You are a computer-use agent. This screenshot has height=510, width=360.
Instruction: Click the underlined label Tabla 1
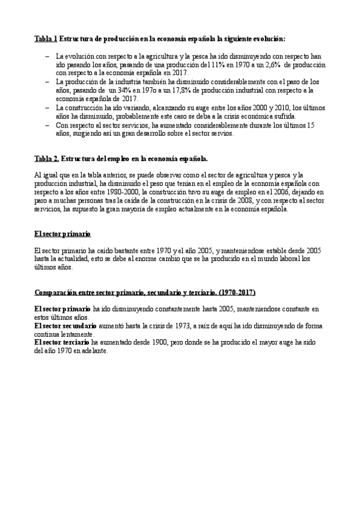point(46,38)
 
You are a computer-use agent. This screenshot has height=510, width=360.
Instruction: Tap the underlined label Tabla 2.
point(46,159)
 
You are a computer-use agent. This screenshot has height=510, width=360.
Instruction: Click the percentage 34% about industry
point(114,89)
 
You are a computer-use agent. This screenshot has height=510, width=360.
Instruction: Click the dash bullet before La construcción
point(47,106)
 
